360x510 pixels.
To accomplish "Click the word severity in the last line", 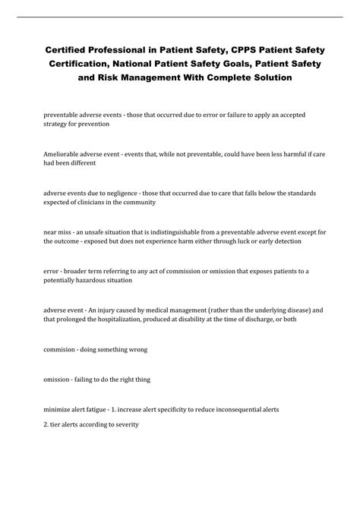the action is click(124, 424).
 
